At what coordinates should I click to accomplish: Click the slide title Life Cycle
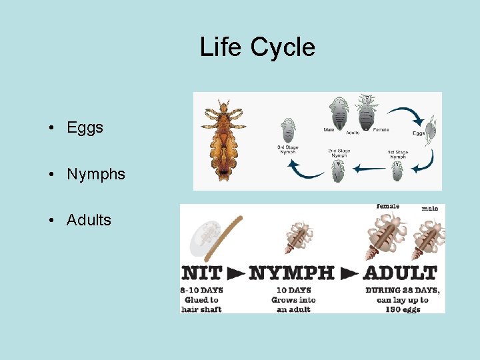coord(257,47)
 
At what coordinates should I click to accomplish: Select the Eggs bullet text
coord(85,127)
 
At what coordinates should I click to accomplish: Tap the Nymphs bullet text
coord(95,174)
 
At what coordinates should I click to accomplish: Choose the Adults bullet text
coord(89,220)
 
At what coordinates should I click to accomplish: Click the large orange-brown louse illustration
coord(223,140)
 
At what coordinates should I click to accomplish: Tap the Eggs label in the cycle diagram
coord(419,133)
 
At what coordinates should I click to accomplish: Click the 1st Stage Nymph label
coord(398,153)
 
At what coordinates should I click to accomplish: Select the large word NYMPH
coord(292,273)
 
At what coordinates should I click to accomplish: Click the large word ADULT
coord(400,273)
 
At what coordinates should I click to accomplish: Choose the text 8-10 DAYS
coord(201,290)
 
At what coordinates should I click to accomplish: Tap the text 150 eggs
coord(402,309)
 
